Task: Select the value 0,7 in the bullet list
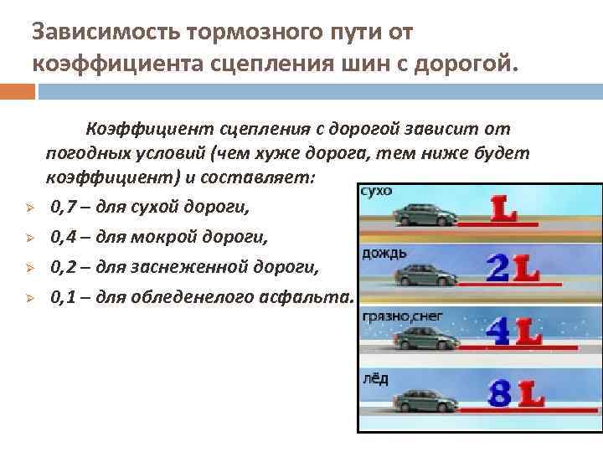62,207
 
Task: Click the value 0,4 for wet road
62,238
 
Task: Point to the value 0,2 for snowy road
62,268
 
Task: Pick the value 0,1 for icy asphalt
62,298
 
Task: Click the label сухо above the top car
375,191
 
